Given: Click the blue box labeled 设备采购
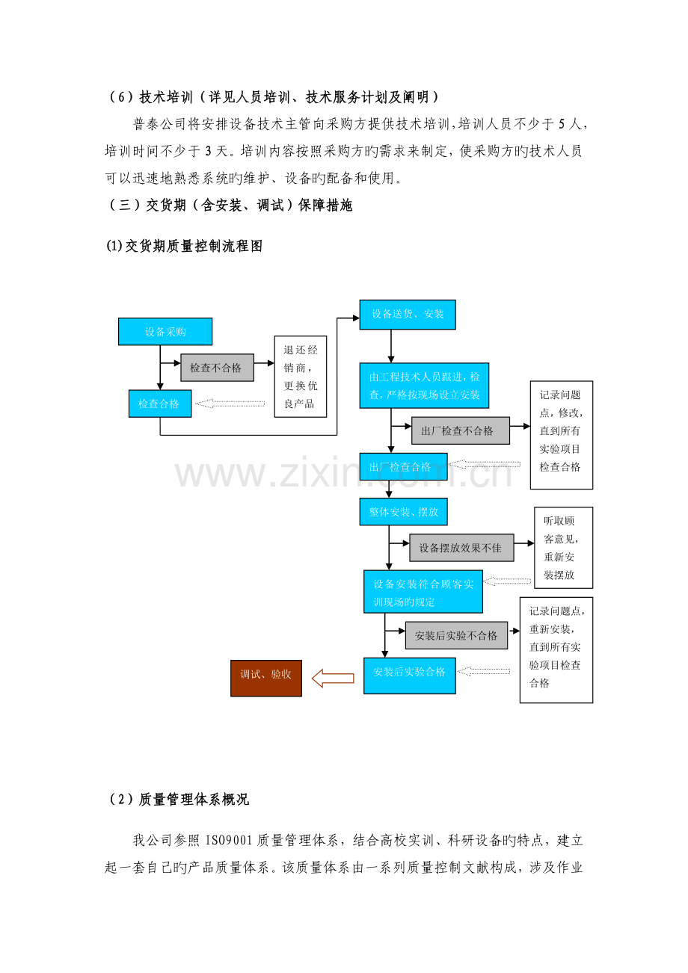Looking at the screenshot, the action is (x=165, y=331).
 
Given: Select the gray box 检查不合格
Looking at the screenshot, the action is (x=217, y=368).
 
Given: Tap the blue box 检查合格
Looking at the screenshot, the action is (x=160, y=404).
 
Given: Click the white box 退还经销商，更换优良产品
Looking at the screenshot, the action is (x=301, y=377).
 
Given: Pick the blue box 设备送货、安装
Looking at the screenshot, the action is (x=408, y=315).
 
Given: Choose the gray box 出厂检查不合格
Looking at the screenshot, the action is (x=460, y=430).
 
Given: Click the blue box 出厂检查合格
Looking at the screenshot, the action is (x=403, y=466).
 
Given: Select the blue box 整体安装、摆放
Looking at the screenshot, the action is (x=403, y=512).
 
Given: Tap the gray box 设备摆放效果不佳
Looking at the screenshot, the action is (x=461, y=548).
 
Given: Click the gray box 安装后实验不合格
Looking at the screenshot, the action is (x=456, y=635).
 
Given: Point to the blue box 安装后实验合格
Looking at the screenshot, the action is (x=409, y=676).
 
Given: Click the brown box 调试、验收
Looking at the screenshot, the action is (x=266, y=679).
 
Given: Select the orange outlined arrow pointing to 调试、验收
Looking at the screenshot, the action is (x=333, y=678).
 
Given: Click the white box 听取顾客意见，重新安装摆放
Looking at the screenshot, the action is (x=563, y=548).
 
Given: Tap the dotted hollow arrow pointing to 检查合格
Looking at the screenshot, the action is (x=230, y=404).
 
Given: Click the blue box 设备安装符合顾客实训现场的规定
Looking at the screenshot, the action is (x=423, y=592).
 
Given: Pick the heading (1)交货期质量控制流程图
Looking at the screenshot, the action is (x=184, y=247).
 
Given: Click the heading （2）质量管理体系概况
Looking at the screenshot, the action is (x=177, y=800).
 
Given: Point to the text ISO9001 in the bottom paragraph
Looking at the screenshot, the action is (x=229, y=841).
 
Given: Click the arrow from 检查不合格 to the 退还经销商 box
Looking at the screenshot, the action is (x=264, y=362).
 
